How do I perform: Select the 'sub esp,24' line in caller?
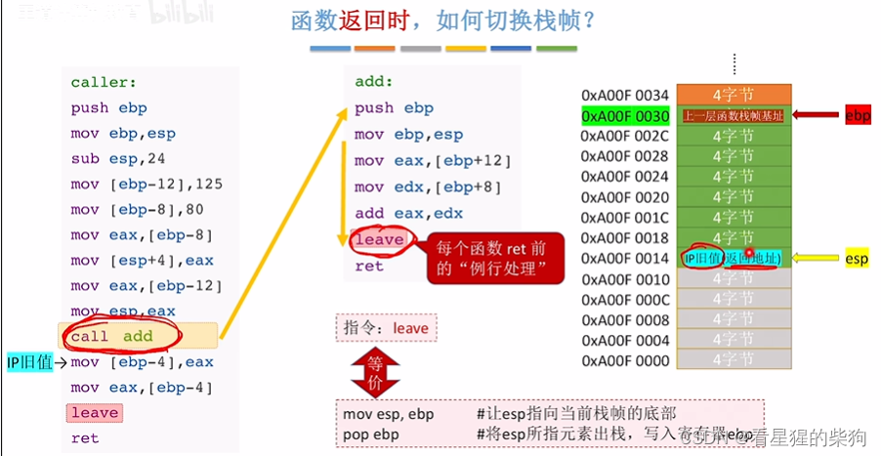[106, 159]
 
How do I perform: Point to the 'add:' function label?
[374, 82]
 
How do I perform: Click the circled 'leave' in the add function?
[379, 239]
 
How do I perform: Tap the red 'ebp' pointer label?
[858, 116]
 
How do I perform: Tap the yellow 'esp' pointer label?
[857, 259]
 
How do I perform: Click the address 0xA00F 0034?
[625, 95]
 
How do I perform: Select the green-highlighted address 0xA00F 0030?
[625, 116]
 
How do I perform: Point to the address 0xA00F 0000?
[625, 361]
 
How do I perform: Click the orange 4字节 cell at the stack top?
[734, 95]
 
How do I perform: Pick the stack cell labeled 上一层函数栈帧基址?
[734, 116]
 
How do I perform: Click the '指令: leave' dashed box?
[386, 328]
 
